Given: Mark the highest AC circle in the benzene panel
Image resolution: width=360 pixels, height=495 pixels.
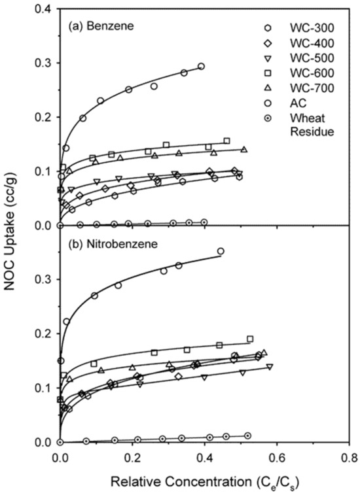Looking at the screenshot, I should (x=201, y=67).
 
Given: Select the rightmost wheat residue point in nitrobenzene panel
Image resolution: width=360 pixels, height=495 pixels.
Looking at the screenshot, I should (x=247, y=435).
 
